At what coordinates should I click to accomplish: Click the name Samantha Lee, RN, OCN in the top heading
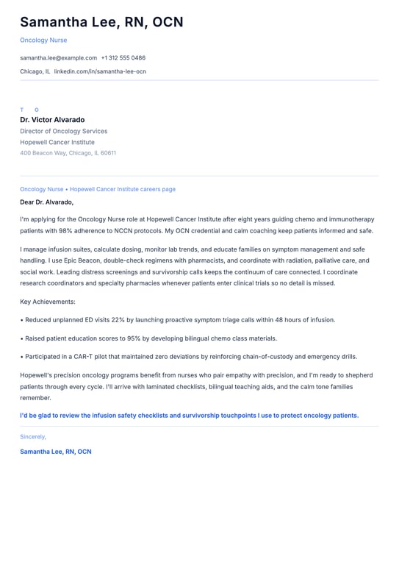coord(101,22)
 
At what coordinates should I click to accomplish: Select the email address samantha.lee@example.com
coord(59,57)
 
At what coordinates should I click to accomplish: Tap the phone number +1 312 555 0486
coord(123,57)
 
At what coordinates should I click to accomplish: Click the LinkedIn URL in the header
coord(100,71)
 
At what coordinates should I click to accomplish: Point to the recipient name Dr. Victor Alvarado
coord(52,120)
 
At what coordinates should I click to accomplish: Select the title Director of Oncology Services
coord(63,131)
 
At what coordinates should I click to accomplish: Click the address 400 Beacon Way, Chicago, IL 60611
coord(68,153)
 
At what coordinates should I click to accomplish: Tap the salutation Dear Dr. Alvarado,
coord(47,202)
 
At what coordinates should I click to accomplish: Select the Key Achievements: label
coord(48,302)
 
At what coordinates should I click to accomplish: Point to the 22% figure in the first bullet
coord(116,320)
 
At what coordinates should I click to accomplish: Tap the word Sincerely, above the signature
coord(33,436)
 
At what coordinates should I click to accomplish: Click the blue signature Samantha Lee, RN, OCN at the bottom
coord(56,452)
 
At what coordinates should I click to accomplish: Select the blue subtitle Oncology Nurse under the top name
coord(43,40)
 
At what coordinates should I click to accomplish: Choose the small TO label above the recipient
coord(29,110)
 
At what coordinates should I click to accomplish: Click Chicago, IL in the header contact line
coord(35,71)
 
